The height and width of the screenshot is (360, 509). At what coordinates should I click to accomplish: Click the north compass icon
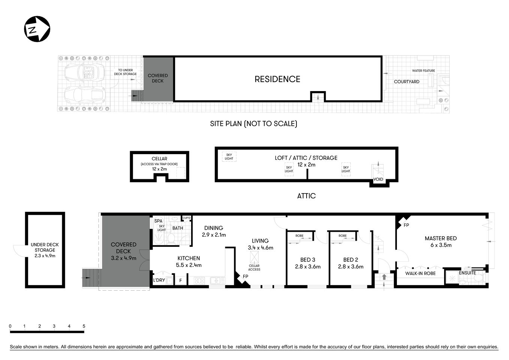37,29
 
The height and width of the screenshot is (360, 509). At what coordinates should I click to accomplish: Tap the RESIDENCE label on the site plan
277,79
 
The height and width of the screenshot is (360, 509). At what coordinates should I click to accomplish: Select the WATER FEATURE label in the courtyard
423,70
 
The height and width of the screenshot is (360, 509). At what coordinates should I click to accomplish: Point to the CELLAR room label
159,159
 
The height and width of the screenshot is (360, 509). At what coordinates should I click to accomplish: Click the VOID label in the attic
378,179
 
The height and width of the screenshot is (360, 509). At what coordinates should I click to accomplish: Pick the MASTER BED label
440,238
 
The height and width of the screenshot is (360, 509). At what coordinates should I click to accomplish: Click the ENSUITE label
467,273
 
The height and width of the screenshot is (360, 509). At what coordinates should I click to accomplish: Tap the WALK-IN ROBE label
420,273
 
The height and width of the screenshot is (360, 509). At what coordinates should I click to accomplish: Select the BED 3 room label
308,259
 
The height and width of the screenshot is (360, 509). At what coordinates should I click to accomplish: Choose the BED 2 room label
350,259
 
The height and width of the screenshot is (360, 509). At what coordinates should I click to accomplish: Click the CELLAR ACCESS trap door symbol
254,257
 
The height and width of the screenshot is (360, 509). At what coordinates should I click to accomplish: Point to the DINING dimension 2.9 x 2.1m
214,235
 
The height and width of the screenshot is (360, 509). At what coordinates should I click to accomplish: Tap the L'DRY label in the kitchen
159,280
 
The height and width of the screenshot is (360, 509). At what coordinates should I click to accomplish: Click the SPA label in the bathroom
158,221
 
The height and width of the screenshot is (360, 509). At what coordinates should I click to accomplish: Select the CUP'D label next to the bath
186,218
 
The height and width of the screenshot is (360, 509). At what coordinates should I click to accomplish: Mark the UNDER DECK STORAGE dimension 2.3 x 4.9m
45,256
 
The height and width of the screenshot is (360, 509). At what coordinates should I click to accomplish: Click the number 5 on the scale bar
84,326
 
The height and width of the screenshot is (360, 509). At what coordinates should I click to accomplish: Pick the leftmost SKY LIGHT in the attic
229,156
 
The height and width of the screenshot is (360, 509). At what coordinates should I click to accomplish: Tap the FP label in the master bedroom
406,225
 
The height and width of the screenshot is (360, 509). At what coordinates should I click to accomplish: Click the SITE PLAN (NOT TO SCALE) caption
253,123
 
